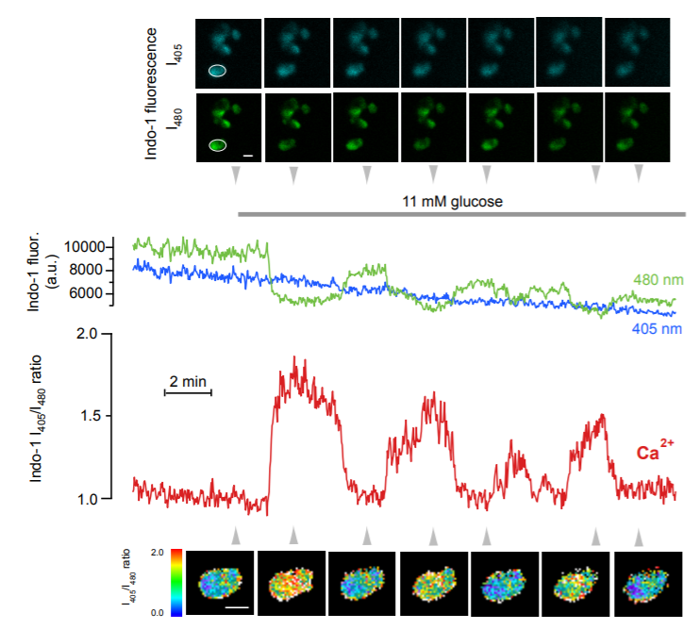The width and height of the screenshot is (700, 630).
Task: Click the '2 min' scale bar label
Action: pos(188,380)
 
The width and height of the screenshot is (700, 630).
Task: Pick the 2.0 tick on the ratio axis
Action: pos(87,334)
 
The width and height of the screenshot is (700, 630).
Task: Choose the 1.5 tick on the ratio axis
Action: pos(87,416)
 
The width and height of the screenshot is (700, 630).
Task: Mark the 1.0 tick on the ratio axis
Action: pos(87,498)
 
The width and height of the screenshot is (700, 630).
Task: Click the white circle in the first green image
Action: pos(217,144)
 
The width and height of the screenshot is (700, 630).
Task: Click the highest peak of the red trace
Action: pos(295,358)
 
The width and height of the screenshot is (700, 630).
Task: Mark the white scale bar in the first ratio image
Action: pos(239,608)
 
